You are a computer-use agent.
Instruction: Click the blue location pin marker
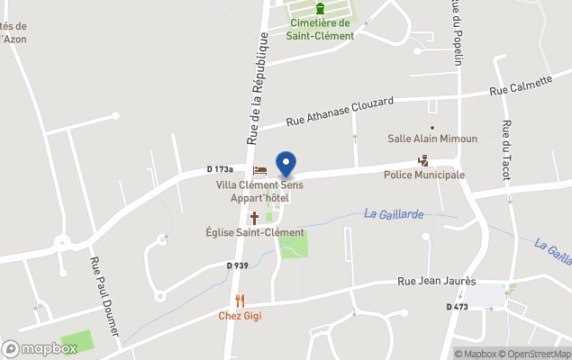pyautogui.click(x=286, y=165)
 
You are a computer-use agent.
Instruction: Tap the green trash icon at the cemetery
pyautogui.click(x=320, y=9)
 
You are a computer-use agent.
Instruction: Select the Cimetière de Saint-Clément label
pyautogui.click(x=320, y=30)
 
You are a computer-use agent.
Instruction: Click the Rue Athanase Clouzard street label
pyautogui.click(x=340, y=112)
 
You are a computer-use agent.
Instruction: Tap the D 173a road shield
pyautogui.click(x=220, y=168)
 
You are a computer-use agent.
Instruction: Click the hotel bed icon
pyautogui.click(x=259, y=170)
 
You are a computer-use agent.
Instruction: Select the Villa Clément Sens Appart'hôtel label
pyautogui.click(x=259, y=191)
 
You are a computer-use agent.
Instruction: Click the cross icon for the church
pyautogui.click(x=254, y=217)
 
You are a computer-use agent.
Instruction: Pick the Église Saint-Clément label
pyautogui.click(x=255, y=232)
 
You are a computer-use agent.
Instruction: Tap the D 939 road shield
pyautogui.click(x=237, y=265)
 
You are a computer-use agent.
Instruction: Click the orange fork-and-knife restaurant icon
pyautogui.click(x=240, y=301)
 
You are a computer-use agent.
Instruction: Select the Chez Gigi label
pyautogui.click(x=240, y=316)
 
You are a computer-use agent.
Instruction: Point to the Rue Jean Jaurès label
pyautogui.click(x=436, y=282)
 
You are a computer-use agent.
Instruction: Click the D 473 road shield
pyautogui.click(x=457, y=307)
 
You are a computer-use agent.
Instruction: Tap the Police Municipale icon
pyautogui.click(x=423, y=160)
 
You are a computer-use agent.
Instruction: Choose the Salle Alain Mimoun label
pyautogui.click(x=432, y=139)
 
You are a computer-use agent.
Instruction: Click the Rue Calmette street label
pyautogui.click(x=521, y=85)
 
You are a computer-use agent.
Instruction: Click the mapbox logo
pyautogui.click(x=41, y=348)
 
